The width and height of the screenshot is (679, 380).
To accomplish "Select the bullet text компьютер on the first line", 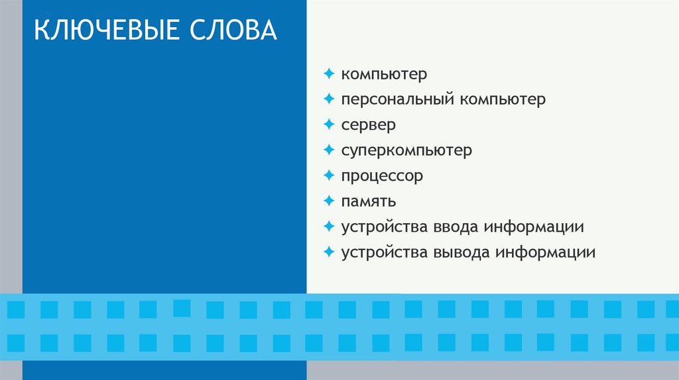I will click(385, 74).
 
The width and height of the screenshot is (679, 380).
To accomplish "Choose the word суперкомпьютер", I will click(406, 151).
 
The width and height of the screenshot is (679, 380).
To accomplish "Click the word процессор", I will click(382, 176).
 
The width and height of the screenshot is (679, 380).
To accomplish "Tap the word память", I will click(369, 201).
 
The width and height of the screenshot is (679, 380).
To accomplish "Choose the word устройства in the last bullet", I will click(385, 252).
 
